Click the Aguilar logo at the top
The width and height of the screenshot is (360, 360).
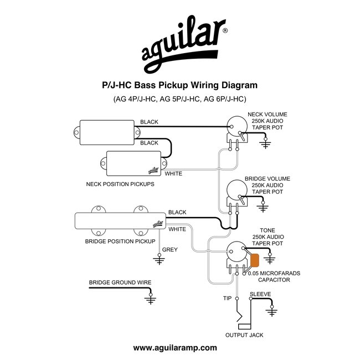[180, 47]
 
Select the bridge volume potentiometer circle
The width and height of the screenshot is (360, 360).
[236, 193]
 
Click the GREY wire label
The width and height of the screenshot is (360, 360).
[169, 250]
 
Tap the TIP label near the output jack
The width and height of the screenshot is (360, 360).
[227, 299]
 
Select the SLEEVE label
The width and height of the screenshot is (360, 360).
[260, 294]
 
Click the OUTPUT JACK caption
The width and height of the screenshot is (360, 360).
[244, 335]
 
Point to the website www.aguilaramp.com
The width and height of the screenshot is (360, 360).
[175, 348]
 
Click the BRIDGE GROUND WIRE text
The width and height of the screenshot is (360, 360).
[120, 282]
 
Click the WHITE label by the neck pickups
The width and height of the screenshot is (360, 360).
[173, 174]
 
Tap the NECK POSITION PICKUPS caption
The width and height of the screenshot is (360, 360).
[120, 183]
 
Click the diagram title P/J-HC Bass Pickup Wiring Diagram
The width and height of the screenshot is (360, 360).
[179, 86]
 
